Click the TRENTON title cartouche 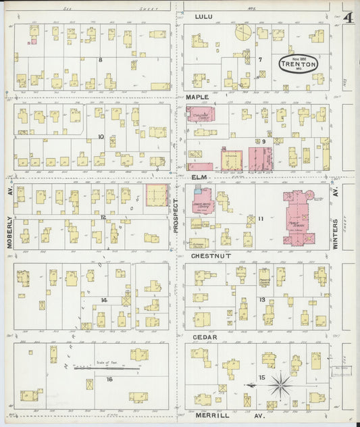pyautogui.click(x=297, y=65)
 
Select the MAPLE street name pyautogui.click(x=205, y=97)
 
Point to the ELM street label pyautogui.click(x=199, y=176)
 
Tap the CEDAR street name pyautogui.click(x=205, y=336)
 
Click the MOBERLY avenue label pyautogui.click(x=9, y=218)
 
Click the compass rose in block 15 pyautogui.click(x=279, y=386)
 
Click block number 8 pyautogui.click(x=100, y=60)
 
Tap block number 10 pyautogui.click(x=101, y=136)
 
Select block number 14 pyautogui.click(x=103, y=299)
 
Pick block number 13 pyautogui.click(x=261, y=299)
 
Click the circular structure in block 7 pyautogui.click(x=242, y=32)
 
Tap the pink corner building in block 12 pyautogui.click(x=157, y=195)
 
